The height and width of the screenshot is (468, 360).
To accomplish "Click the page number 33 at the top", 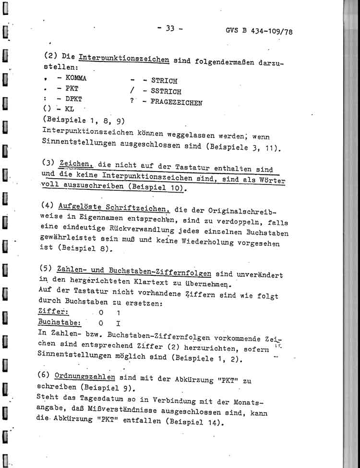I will (x=169, y=28).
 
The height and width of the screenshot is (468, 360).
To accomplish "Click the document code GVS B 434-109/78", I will (x=259, y=32).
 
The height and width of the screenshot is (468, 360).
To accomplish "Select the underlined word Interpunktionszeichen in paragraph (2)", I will (x=123, y=60).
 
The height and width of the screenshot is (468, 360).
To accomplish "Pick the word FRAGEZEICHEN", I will (x=176, y=102).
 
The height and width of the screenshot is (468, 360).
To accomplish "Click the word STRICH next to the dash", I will (x=164, y=81).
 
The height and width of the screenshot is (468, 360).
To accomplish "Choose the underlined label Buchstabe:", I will (x=59, y=323).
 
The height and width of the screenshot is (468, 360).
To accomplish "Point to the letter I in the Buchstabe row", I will (x=118, y=324).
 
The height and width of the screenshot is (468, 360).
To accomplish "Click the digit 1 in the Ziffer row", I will (x=118, y=313).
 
